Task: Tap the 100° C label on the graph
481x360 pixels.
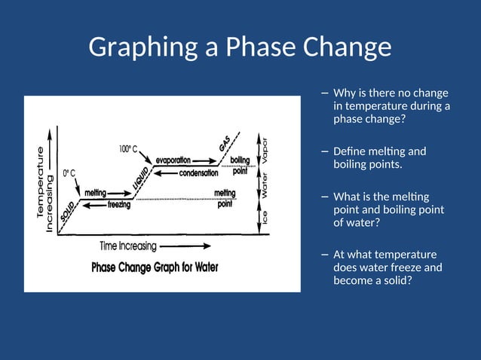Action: (x=127, y=149)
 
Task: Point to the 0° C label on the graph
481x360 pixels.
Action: (x=70, y=172)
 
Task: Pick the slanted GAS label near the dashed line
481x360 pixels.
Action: (x=224, y=143)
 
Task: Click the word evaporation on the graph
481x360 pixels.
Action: (x=173, y=160)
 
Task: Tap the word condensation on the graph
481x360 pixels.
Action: (x=198, y=172)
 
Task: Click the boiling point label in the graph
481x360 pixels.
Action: (x=240, y=166)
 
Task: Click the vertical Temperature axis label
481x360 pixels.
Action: (x=41, y=182)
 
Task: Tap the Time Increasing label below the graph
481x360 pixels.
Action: (x=128, y=246)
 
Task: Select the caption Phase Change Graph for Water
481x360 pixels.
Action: (x=155, y=267)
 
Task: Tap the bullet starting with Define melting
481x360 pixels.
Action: (x=379, y=157)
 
